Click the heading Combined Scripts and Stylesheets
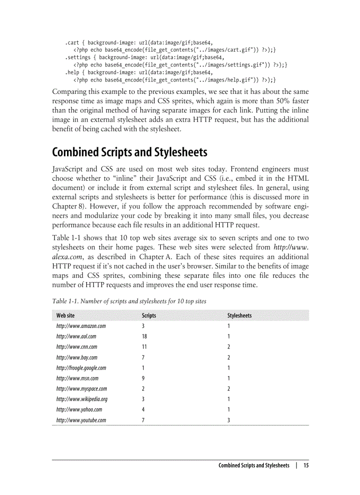point(129,153)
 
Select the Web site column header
point(65,316)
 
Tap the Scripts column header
point(149,316)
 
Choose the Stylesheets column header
point(240,316)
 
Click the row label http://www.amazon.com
point(81,326)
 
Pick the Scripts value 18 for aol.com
point(144,336)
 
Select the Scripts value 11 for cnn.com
point(144,347)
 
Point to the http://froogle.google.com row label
point(81,368)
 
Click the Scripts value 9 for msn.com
point(143,378)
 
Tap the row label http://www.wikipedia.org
point(82,399)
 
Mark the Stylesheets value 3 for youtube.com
point(229,420)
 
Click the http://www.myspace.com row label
point(81,389)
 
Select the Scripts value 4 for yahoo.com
point(143,409)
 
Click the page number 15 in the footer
point(306,465)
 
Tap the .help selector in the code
point(72,72)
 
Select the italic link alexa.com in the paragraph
point(64,257)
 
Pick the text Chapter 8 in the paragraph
point(67,205)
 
